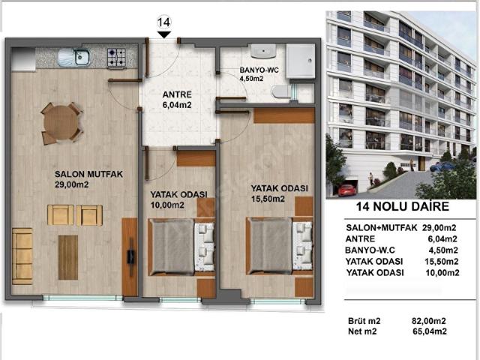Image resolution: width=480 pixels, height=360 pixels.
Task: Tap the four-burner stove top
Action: point(116,58)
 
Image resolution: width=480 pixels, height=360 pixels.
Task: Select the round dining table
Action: point(61,123)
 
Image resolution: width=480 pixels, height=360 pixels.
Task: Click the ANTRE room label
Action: point(177,94)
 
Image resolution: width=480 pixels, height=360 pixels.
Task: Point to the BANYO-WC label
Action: point(259,70)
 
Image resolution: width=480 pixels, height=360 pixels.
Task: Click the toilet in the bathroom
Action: point(282,91)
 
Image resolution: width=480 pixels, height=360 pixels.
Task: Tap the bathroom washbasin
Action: point(263,51)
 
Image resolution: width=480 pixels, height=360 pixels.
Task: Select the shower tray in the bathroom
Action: point(300,61)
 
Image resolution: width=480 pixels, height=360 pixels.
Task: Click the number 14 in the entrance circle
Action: point(163,22)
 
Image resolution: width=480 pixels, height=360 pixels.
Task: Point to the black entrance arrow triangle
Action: point(164,34)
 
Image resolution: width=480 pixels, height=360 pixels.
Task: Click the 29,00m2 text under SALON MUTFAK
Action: point(72,184)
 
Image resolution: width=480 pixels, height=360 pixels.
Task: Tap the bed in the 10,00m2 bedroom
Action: point(181,247)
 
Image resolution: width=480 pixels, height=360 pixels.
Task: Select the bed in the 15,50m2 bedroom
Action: point(279,245)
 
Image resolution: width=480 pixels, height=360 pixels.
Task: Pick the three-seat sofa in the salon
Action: point(22,256)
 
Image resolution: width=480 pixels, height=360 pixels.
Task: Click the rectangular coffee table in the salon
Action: point(68,257)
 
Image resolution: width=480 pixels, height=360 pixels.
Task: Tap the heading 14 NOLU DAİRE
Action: point(402,206)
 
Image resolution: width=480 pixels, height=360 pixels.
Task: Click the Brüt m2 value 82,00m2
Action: point(428,321)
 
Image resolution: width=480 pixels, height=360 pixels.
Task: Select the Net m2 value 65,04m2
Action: point(430,331)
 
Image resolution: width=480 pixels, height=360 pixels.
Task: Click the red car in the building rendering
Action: point(347,190)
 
